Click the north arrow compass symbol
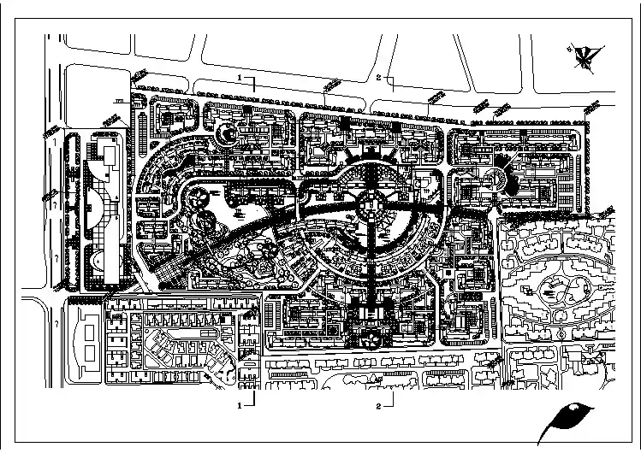click(x=585, y=57)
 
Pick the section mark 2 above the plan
click(x=378, y=77)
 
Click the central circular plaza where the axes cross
click(x=371, y=204)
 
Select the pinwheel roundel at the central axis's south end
click(x=371, y=339)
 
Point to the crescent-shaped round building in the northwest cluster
click(x=226, y=133)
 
